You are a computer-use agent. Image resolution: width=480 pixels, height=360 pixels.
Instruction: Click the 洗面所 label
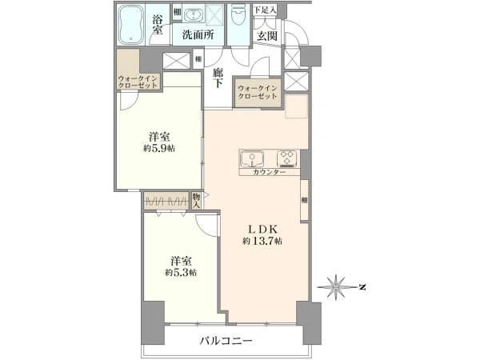pos(196,35)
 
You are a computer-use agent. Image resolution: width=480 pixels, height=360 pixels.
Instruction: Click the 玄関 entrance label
pos(266,36)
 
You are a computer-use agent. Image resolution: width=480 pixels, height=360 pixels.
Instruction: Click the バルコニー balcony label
pos(226,341)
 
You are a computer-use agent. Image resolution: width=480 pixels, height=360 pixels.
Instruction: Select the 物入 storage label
pos(197,199)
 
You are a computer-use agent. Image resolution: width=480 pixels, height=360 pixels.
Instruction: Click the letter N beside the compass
pos(362,286)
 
